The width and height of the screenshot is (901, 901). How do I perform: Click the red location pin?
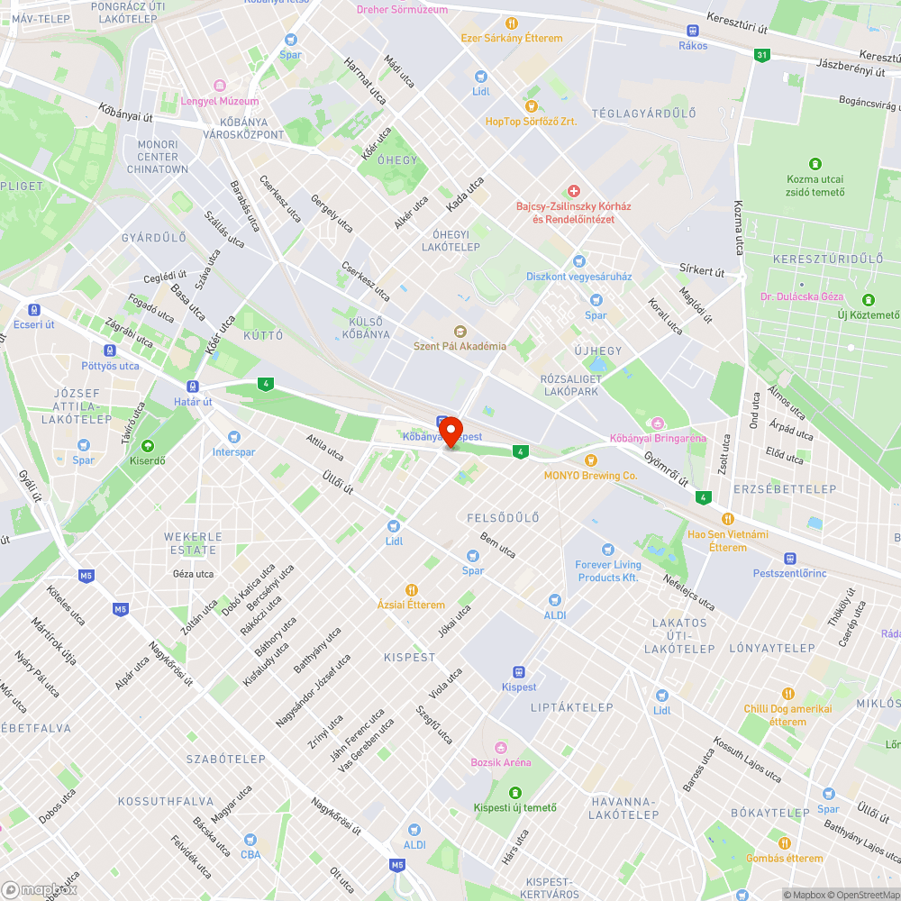click(450, 430)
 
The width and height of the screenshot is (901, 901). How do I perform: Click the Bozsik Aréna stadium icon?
click(500, 747)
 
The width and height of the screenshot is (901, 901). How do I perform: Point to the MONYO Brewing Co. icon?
click(591, 460)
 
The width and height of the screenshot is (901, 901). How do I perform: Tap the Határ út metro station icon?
click(194, 386)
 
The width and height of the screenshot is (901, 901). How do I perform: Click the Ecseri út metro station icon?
click(34, 309)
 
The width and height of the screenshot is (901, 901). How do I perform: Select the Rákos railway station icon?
click(693, 30)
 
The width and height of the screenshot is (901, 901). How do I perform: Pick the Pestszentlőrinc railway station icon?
click(790, 558)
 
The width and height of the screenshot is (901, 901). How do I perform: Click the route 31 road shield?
click(762, 55)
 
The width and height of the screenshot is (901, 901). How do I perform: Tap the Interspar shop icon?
click(233, 436)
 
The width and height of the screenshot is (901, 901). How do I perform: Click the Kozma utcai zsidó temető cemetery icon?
click(815, 164)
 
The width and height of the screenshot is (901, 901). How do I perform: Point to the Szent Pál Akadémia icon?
click(460, 331)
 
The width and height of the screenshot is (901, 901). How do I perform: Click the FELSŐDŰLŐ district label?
click(503, 518)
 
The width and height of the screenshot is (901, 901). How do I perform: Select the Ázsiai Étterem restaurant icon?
click(411, 589)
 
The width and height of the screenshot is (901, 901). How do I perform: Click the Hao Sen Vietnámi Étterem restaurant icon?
click(727, 518)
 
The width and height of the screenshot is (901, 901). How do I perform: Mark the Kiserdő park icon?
click(148, 445)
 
